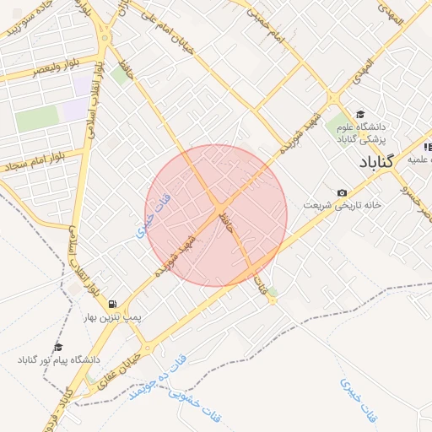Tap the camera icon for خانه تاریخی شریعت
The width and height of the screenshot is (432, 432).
click(x=341, y=193)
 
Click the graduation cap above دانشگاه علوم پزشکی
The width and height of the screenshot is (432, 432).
click(x=360, y=114)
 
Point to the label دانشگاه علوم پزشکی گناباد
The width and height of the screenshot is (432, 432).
click(x=361, y=132)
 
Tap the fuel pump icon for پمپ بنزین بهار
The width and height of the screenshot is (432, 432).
click(x=112, y=304)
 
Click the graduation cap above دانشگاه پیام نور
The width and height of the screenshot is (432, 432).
click(x=58, y=347)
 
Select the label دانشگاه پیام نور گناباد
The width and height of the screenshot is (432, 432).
click(x=58, y=360)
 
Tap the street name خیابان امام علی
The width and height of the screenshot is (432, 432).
click(x=174, y=30)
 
